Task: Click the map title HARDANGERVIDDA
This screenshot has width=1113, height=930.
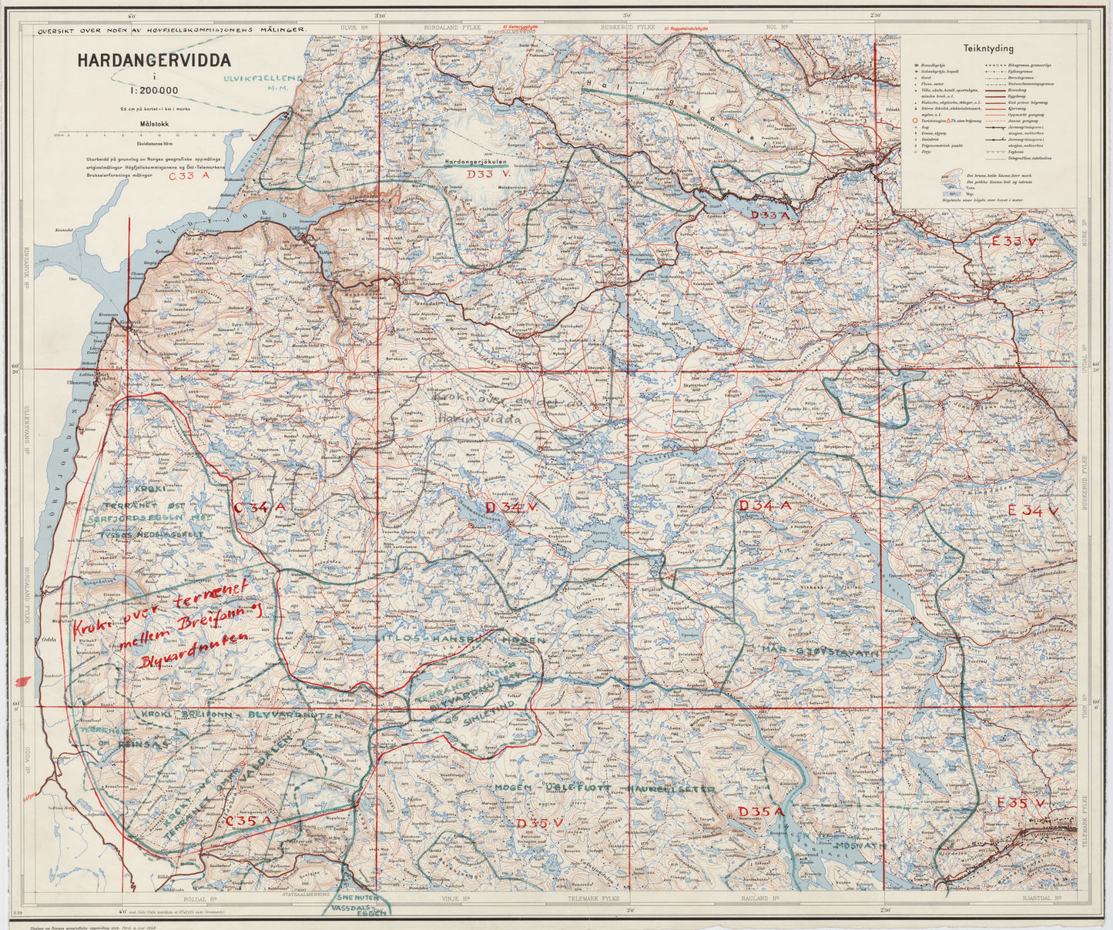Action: (x=142, y=61)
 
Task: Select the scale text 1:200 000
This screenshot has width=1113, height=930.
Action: (x=154, y=90)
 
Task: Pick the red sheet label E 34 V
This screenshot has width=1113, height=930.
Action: (x=1034, y=510)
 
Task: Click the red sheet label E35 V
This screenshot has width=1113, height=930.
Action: (x=1020, y=804)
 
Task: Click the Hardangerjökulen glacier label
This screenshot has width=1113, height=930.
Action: (x=479, y=162)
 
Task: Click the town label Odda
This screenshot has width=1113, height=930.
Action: (x=52, y=645)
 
